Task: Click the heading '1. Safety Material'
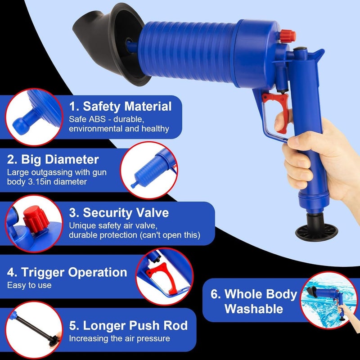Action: coord(121,107)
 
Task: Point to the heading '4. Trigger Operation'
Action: coord(67,272)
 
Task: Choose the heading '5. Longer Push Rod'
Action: coord(128,325)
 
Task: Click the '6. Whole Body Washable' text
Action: coord(254,301)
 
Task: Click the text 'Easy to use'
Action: coord(29,285)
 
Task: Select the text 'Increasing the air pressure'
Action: coord(120,338)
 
